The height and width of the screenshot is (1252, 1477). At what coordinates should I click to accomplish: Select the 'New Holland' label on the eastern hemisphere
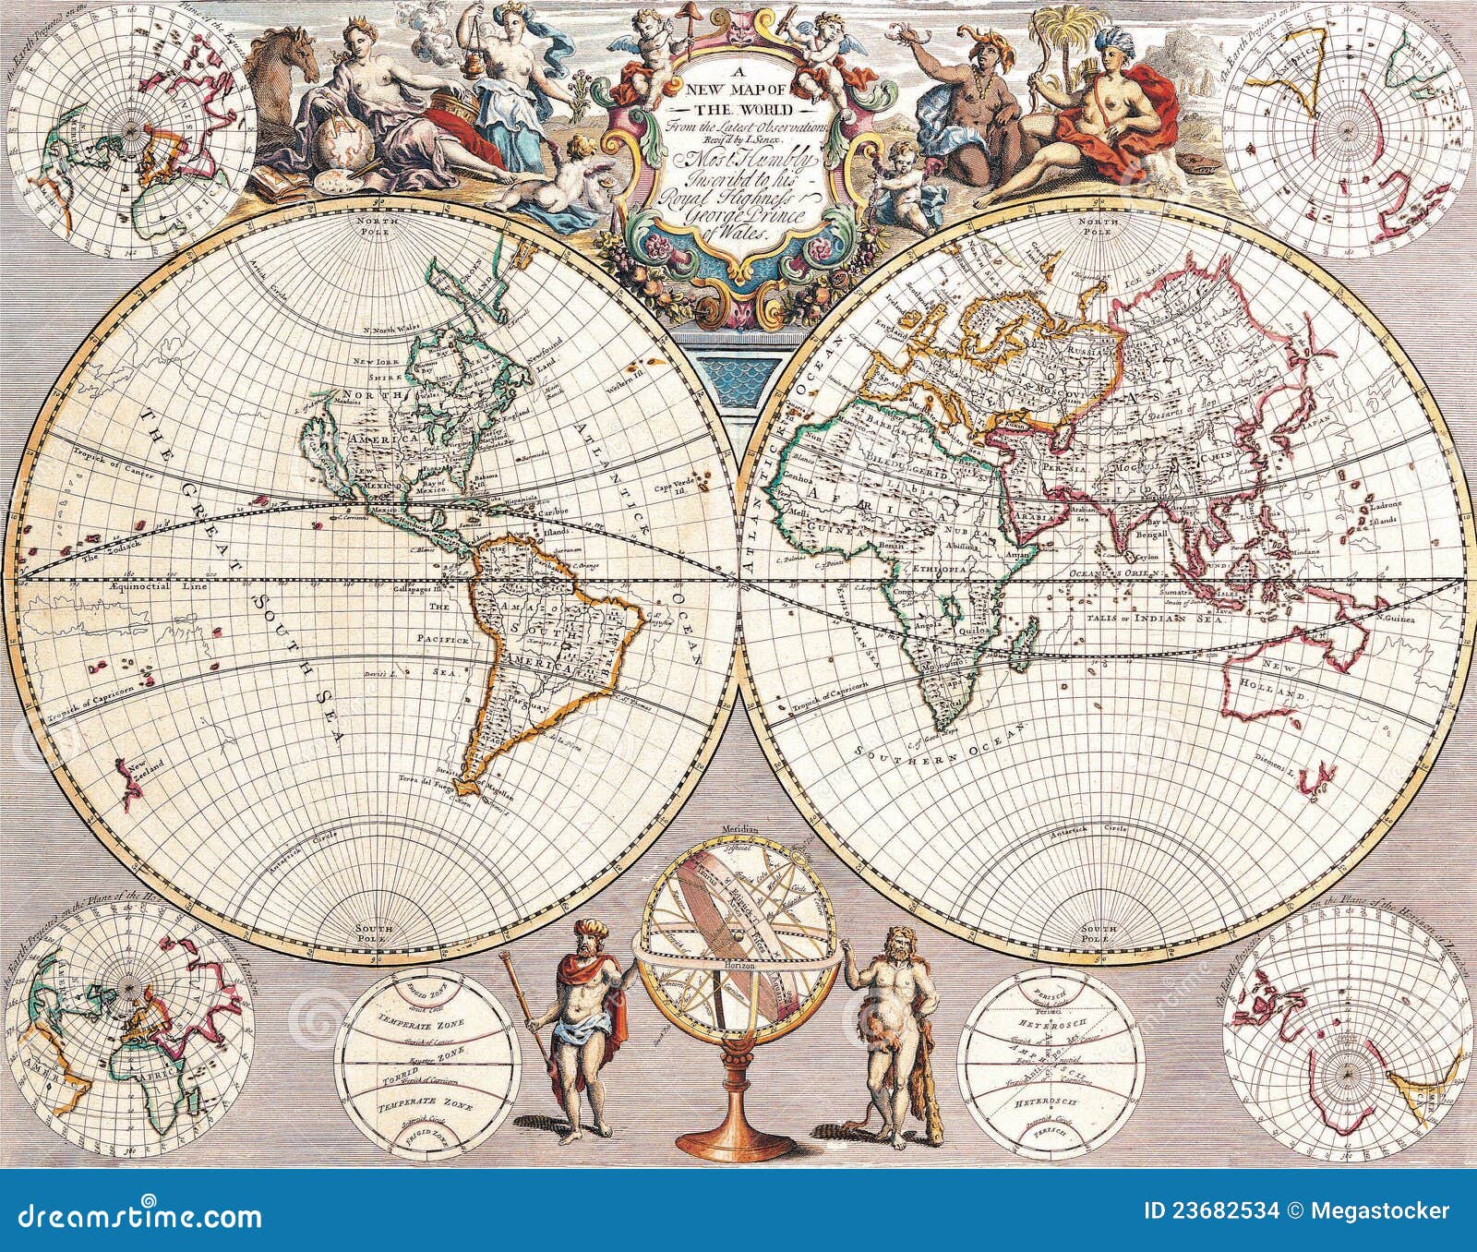tap(1285, 685)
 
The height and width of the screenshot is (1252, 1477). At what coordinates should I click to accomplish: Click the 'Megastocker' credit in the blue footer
tap(1396, 1211)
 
